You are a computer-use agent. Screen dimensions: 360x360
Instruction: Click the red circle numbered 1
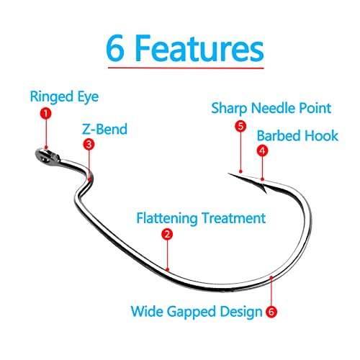[x=45, y=114]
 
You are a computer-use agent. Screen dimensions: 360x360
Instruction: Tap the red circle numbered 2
[x=167, y=234]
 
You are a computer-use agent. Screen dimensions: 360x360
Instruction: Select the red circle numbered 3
[x=88, y=144]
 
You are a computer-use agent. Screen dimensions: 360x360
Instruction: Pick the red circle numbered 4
[x=263, y=150]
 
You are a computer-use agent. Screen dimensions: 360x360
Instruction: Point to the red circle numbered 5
[x=240, y=125]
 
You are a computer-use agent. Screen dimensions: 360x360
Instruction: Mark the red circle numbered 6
[x=271, y=312]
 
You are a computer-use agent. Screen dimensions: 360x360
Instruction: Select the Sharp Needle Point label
[x=271, y=108]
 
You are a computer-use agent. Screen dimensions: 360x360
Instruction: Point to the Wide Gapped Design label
[x=195, y=312]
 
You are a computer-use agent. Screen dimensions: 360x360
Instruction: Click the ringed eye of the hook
[x=42, y=153]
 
